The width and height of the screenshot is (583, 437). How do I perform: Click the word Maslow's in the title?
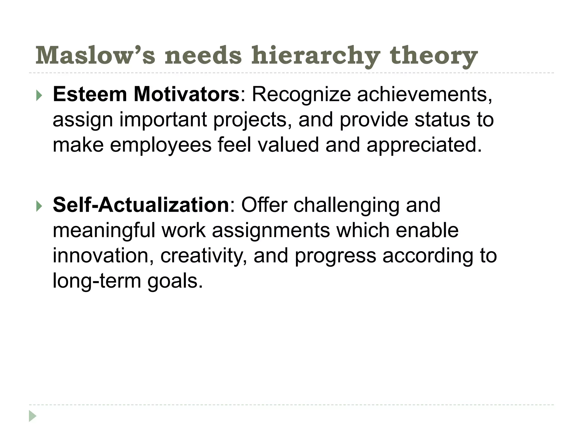(95, 55)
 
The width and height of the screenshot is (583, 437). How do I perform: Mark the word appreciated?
(424, 145)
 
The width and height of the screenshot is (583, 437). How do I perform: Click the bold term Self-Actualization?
(141, 205)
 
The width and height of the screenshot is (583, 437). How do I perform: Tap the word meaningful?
(104, 230)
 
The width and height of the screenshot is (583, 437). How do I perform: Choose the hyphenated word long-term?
(97, 281)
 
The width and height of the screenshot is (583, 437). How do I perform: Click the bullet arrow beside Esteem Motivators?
(39, 96)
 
